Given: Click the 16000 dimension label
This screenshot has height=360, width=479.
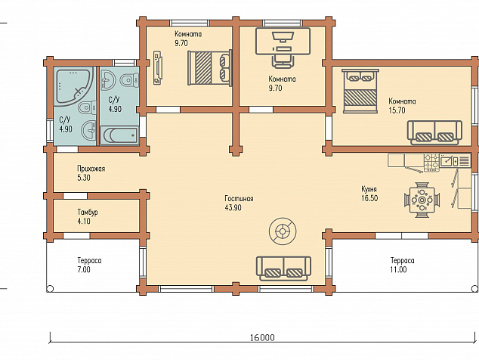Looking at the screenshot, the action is point(262,337).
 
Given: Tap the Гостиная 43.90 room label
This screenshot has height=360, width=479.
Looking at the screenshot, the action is point(239,203).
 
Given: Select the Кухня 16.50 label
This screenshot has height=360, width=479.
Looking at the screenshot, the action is point(369,194).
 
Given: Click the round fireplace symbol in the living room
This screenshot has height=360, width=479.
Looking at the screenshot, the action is point(283,231).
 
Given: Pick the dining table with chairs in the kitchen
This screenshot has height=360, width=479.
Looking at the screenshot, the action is point(422,200).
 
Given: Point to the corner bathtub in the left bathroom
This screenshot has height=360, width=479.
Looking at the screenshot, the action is point(74,86).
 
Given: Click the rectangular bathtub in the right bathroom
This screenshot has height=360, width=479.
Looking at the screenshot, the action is point(119,135).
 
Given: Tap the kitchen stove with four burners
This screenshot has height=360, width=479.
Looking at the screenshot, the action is point(431,163).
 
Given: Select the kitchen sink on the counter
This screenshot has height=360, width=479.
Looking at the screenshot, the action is point(449,161).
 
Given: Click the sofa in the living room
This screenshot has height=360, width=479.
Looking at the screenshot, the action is point(284,268).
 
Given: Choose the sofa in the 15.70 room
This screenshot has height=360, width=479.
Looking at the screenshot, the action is point(434,132).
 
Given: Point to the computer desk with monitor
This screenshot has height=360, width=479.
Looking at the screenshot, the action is point(283,42).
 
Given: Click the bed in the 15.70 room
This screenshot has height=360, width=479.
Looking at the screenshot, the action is point(360,92).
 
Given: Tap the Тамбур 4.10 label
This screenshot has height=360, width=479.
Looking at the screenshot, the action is point(88,216).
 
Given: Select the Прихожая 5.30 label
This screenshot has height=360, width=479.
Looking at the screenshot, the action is point(91,173).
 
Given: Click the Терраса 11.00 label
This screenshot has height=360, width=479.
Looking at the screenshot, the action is point(403,265).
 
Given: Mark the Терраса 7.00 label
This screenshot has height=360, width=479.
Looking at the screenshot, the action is point(89,265).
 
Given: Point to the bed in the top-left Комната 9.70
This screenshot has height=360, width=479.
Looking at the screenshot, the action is point(210,67).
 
